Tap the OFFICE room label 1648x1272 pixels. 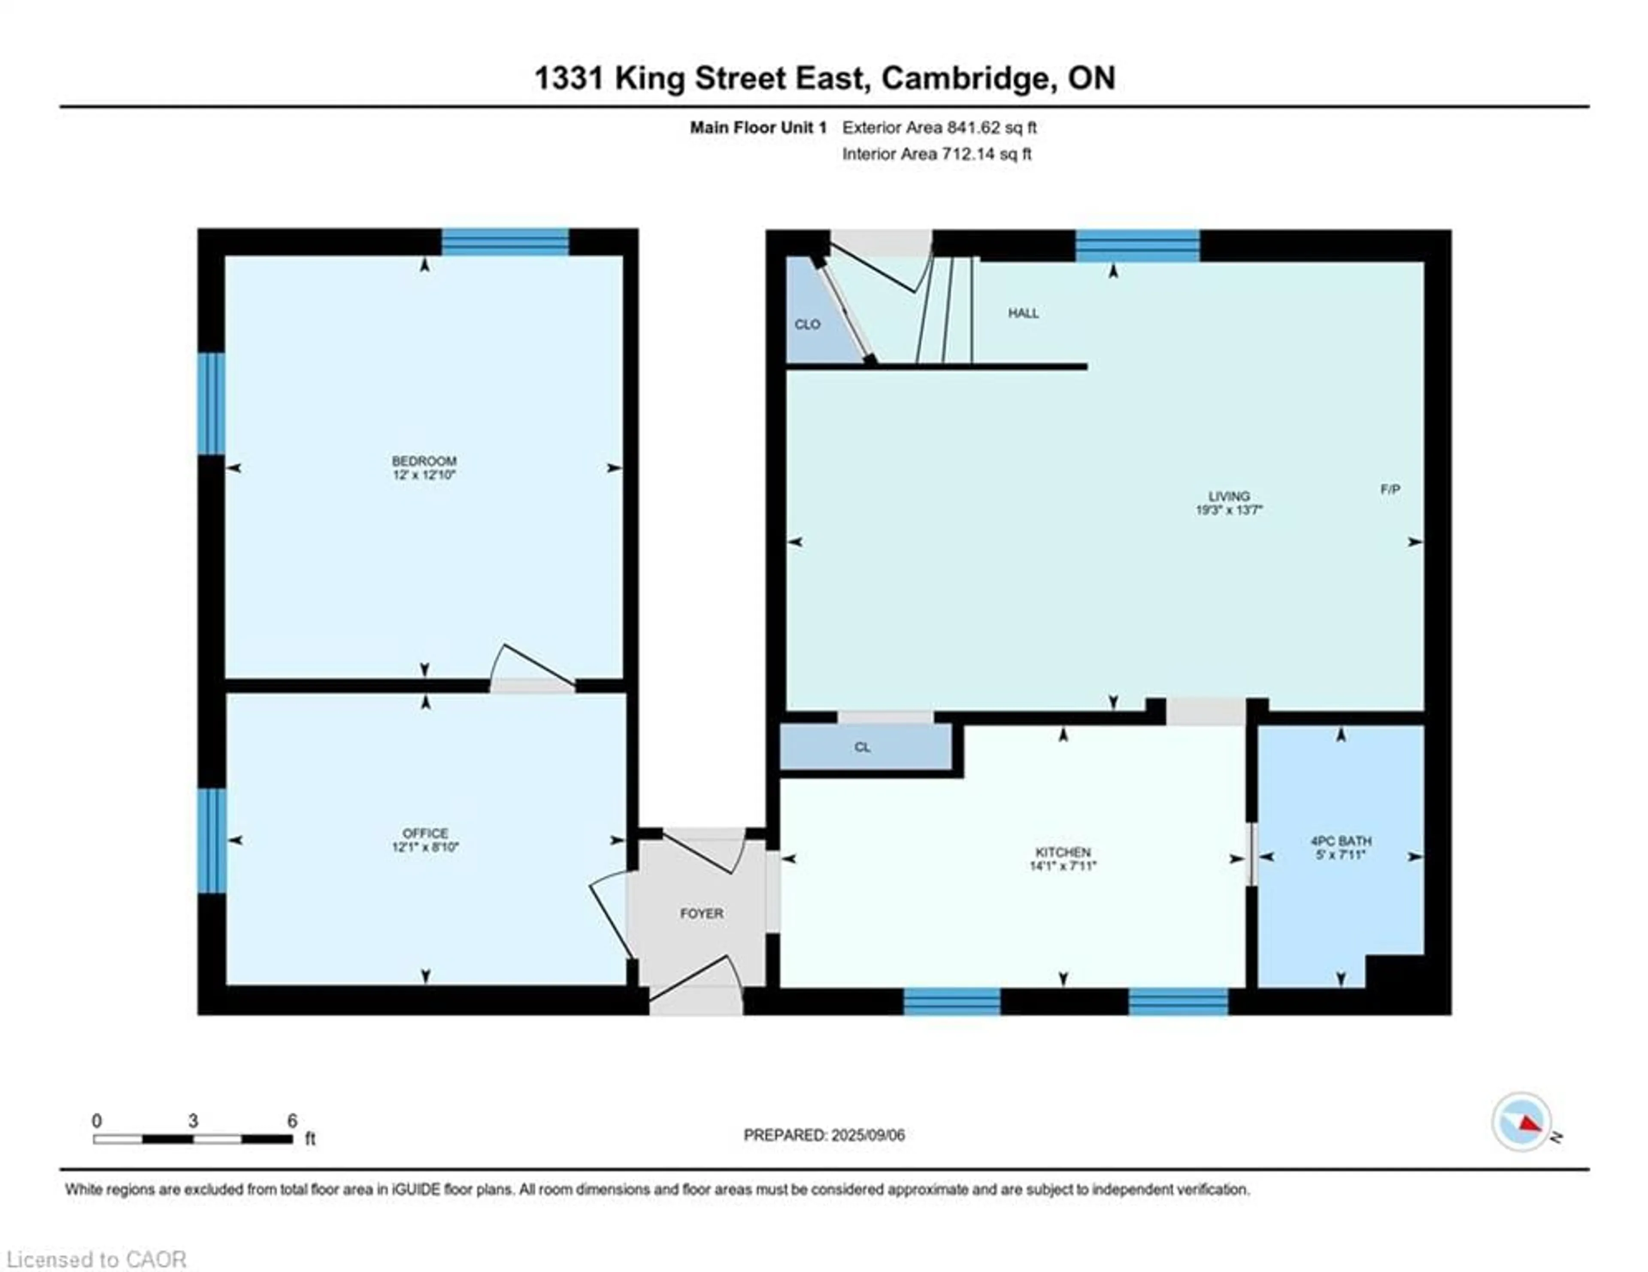click(425, 833)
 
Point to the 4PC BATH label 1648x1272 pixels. click(1341, 840)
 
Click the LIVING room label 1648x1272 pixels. click(1228, 496)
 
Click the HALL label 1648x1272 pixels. click(1023, 313)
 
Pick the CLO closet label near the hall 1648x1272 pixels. click(807, 324)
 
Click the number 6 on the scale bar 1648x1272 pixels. click(292, 1121)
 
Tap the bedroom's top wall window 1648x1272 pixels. click(505, 242)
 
